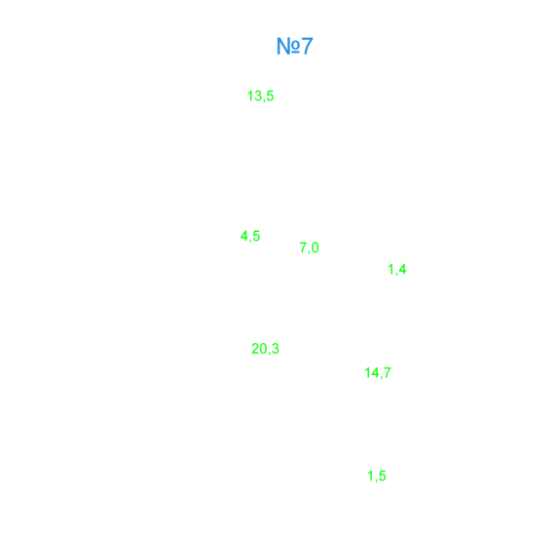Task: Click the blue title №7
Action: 295,46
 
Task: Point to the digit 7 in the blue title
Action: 307,46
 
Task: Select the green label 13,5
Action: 260,96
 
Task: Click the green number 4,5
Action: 250,236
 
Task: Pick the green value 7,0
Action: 309,248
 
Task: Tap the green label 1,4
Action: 396,269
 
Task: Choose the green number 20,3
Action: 265,349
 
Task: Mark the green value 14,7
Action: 378,373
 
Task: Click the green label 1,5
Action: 377,476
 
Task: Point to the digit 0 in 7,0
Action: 315,248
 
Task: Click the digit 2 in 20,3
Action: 255,349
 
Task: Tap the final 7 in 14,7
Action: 388,373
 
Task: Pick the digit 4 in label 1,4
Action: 402,269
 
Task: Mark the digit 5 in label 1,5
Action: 383,476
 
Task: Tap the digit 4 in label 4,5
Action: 243,236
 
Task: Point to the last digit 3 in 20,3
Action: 276,349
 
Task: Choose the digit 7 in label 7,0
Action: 303,248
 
